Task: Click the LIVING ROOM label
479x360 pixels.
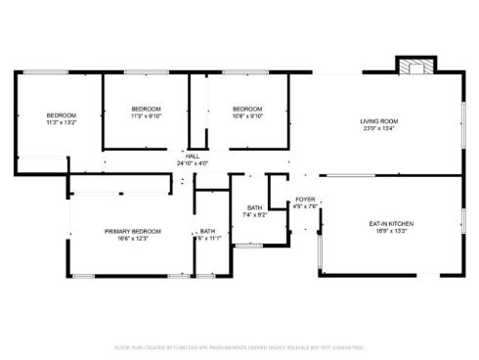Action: pyautogui.click(x=379, y=120)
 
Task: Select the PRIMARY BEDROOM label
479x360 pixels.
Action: pyautogui.click(x=133, y=231)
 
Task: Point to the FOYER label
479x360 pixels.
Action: pyautogui.click(x=305, y=199)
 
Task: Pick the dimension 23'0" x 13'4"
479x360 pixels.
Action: pyautogui.click(x=379, y=127)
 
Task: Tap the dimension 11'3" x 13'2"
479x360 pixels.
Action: pyautogui.click(x=61, y=122)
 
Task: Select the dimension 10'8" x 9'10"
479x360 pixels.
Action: pyautogui.click(x=247, y=114)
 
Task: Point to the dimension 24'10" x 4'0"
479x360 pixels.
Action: pyautogui.click(x=193, y=163)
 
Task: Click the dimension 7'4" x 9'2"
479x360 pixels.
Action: pyautogui.click(x=254, y=214)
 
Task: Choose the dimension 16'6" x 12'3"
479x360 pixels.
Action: pyautogui.click(x=133, y=238)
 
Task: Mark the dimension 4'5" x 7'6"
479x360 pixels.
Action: pyautogui.click(x=305, y=205)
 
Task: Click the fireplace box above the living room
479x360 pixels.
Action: pyautogui.click(x=411, y=67)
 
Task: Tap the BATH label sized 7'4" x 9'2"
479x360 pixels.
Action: pyautogui.click(x=254, y=207)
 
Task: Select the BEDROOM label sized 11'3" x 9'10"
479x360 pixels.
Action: pyautogui.click(x=146, y=108)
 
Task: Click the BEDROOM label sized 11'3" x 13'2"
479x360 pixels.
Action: pyautogui.click(x=61, y=115)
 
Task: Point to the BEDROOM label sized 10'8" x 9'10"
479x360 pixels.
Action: pyautogui.click(x=247, y=108)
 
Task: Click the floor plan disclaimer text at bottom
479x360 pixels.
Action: pyautogui.click(x=239, y=347)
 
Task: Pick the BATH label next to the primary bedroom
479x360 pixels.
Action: pyautogui.click(x=207, y=231)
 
